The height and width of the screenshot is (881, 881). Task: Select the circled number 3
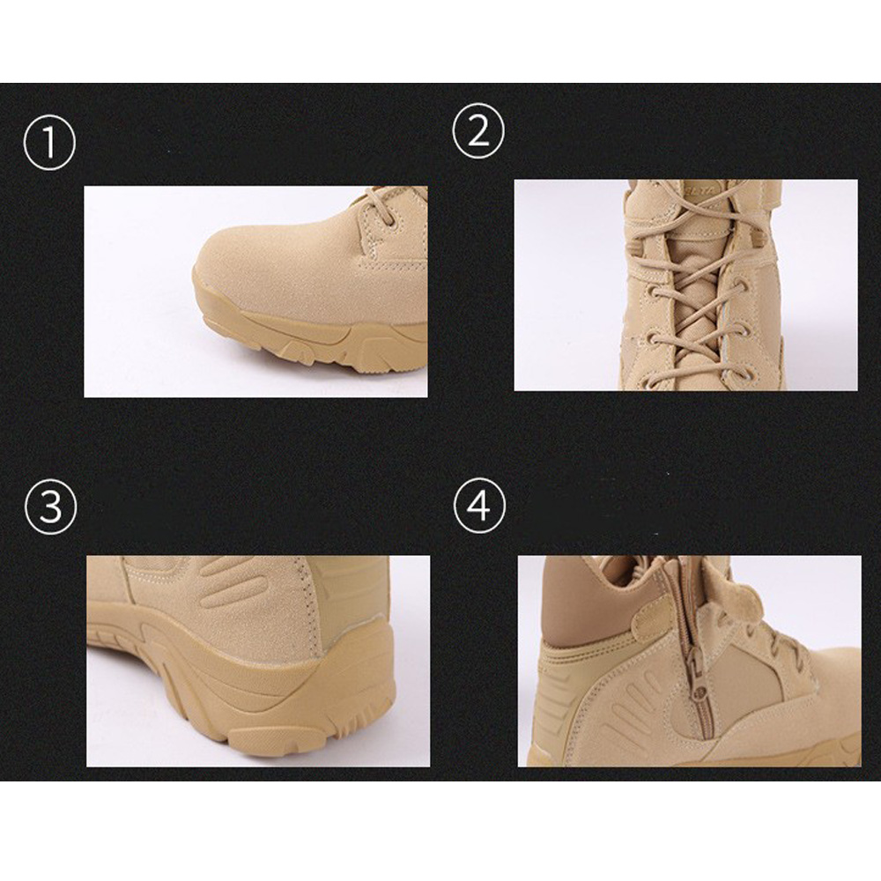click(50, 507)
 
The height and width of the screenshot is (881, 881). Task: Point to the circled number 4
click(480, 505)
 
